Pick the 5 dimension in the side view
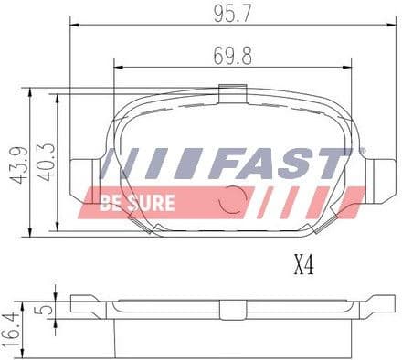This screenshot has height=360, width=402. [40, 309]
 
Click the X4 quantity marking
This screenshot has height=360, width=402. [304, 265]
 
